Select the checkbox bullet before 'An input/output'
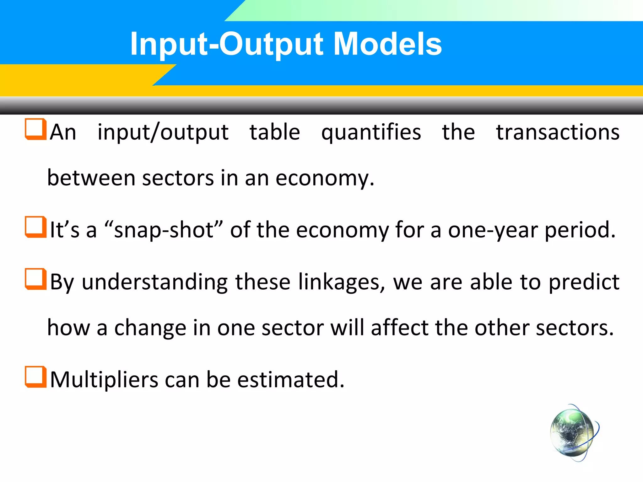click(x=35, y=129)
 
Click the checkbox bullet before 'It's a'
click(x=35, y=227)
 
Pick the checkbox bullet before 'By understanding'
click(x=35, y=279)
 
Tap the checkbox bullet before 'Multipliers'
click(x=35, y=377)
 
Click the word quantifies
click(x=371, y=132)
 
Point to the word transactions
click(x=558, y=132)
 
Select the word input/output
click(x=163, y=132)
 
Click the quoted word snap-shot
click(x=163, y=230)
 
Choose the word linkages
click(x=341, y=282)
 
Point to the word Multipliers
click(x=104, y=380)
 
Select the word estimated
click(x=290, y=380)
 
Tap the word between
click(x=91, y=178)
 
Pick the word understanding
click(x=154, y=282)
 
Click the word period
click(x=580, y=230)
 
